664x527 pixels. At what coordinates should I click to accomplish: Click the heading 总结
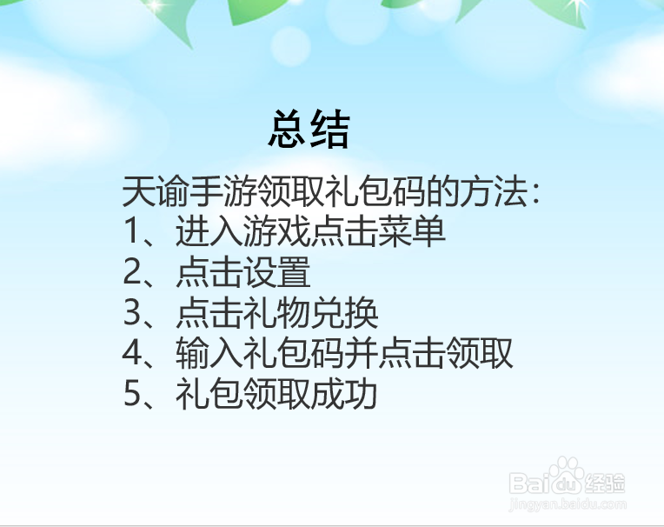(x=309, y=130)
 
